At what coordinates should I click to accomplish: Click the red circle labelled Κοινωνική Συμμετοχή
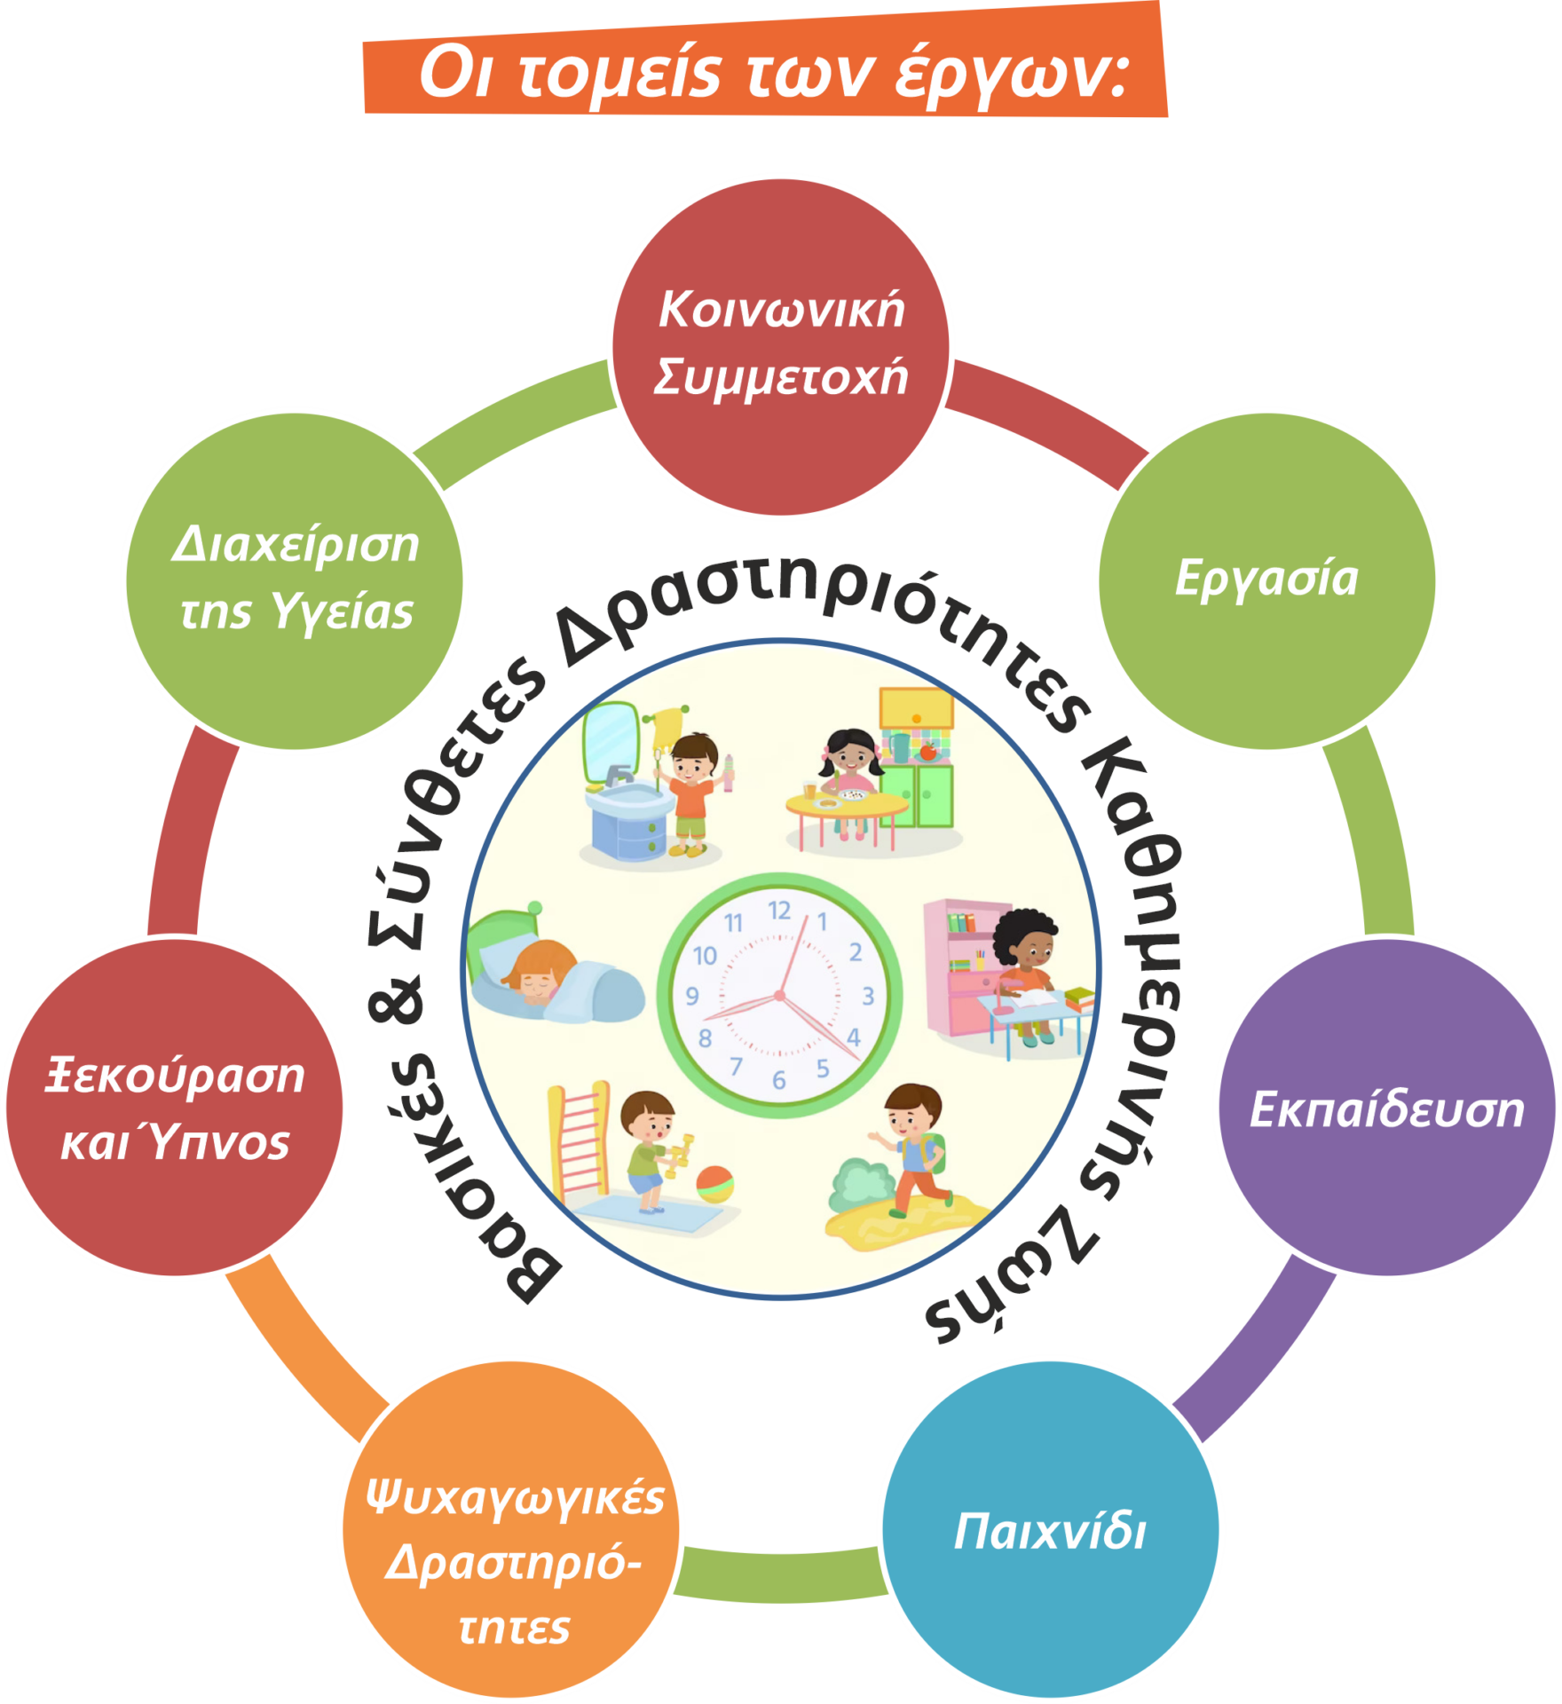coord(780,346)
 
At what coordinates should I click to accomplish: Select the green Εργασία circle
coord(1266,581)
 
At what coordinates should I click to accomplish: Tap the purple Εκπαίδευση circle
coord(1385,1108)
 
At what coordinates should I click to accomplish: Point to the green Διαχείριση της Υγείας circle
coord(295,581)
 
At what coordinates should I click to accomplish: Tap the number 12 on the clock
coord(779,911)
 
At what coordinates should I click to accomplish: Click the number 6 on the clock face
coord(778,1080)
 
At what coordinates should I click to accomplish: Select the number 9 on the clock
coord(692,996)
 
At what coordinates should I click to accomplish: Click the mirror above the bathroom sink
coord(611,742)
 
